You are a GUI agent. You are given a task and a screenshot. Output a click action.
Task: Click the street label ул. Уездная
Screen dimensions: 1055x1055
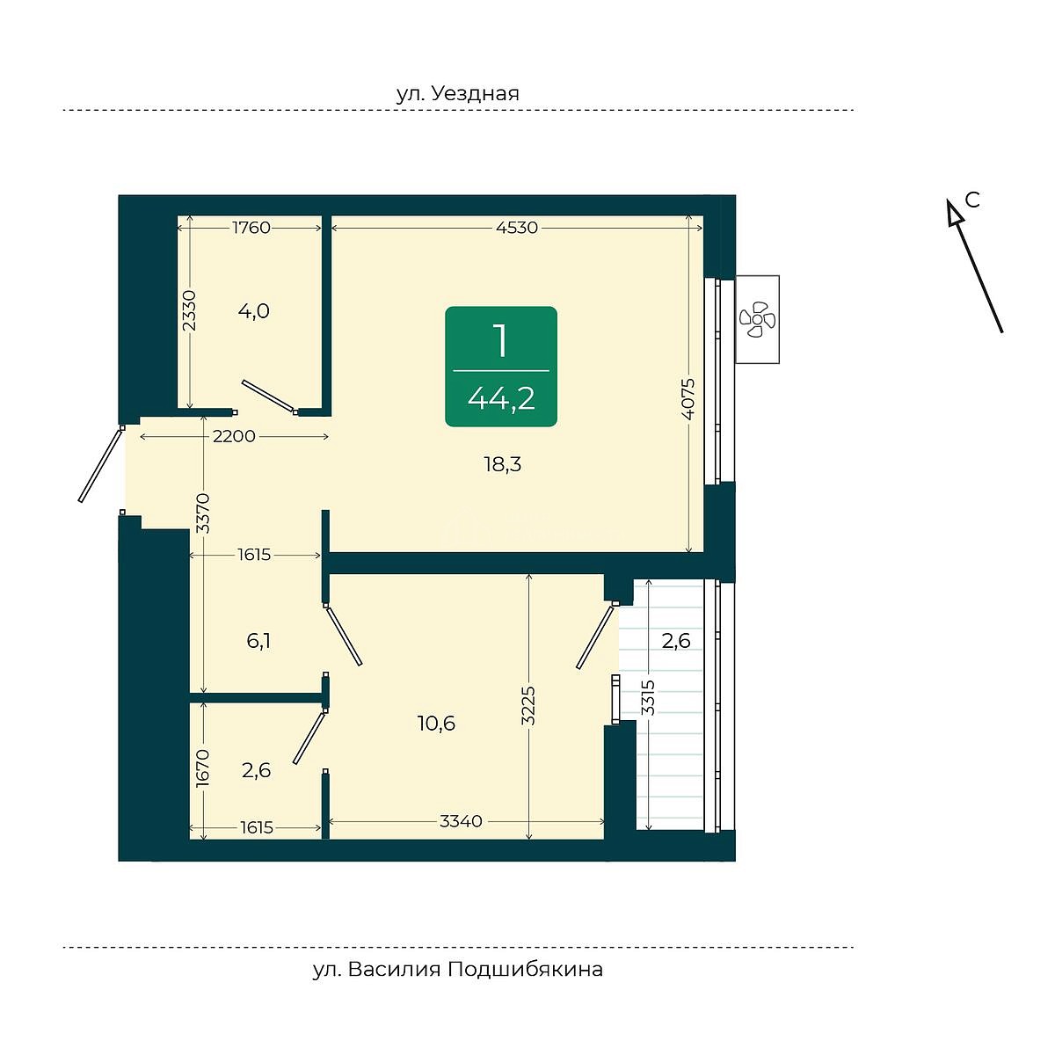tap(458, 93)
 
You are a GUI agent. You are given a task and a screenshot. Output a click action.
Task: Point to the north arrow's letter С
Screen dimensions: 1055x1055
tap(971, 200)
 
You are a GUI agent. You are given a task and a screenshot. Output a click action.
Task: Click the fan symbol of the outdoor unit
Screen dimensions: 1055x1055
tap(757, 318)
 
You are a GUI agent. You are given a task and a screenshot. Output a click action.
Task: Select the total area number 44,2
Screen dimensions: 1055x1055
tap(501, 398)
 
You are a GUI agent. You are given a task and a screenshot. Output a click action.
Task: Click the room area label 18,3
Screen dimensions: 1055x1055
tap(503, 465)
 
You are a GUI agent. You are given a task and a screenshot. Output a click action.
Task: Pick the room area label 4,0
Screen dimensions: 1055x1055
tap(253, 311)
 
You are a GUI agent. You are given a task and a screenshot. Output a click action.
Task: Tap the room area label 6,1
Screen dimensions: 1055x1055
tap(258, 641)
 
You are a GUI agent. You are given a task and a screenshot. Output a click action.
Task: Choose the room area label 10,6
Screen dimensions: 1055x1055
tap(436, 724)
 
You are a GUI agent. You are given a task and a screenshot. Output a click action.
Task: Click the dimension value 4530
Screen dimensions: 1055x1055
tap(517, 227)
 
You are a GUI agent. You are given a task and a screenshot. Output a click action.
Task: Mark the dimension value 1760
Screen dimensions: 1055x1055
tap(251, 227)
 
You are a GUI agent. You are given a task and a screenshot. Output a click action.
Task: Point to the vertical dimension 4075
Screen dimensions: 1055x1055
tap(688, 398)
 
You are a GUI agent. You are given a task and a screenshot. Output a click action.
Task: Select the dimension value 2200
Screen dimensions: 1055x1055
tap(234, 436)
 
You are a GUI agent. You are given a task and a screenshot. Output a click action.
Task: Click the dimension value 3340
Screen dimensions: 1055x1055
tap(461, 821)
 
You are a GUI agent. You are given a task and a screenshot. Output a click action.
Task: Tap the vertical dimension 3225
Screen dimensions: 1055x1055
tap(528, 706)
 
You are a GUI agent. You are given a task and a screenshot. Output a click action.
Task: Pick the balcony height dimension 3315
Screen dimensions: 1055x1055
tap(648, 697)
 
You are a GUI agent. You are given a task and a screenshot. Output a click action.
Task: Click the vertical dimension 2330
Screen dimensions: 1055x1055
tap(189, 310)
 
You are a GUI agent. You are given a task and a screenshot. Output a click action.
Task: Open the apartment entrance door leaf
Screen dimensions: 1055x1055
tap(100, 464)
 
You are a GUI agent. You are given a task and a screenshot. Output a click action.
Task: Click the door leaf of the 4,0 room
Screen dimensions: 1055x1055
tap(269, 397)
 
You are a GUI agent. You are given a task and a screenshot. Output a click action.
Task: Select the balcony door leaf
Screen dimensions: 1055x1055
tap(597, 635)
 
